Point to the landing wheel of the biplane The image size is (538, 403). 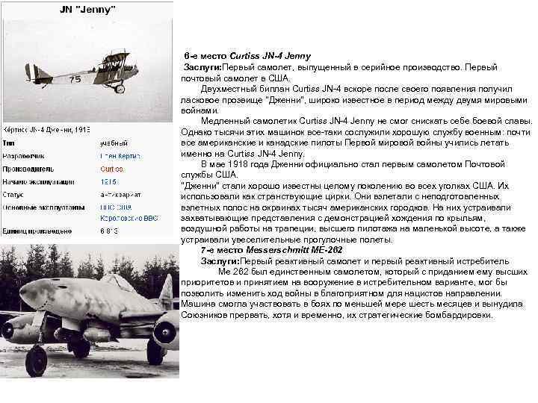point(120,89)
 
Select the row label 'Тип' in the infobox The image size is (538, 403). point(10,142)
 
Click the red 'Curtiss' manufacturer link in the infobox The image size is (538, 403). point(112,169)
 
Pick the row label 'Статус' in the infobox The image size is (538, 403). point(16,194)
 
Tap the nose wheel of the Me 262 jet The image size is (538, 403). point(35,361)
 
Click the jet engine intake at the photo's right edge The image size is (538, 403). point(168,330)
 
